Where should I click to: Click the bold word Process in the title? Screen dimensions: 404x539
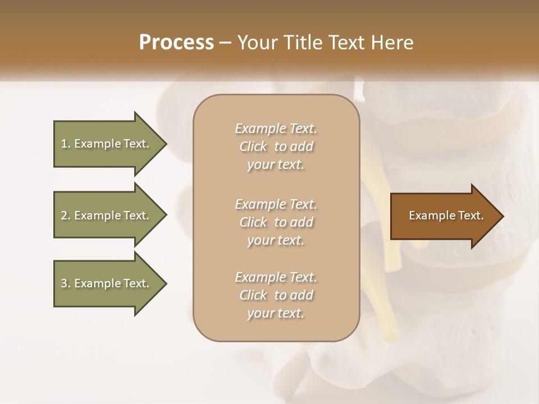coord(176,43)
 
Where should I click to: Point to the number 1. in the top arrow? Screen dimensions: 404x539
coord(66,144)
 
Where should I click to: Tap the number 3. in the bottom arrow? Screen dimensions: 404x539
coord(66,284)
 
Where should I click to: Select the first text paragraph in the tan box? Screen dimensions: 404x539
coord(276,146)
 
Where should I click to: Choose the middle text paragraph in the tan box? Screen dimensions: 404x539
coord(276,222)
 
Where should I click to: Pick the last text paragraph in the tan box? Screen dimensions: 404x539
coord(276,295)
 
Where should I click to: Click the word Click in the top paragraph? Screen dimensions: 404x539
coord(253,147)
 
